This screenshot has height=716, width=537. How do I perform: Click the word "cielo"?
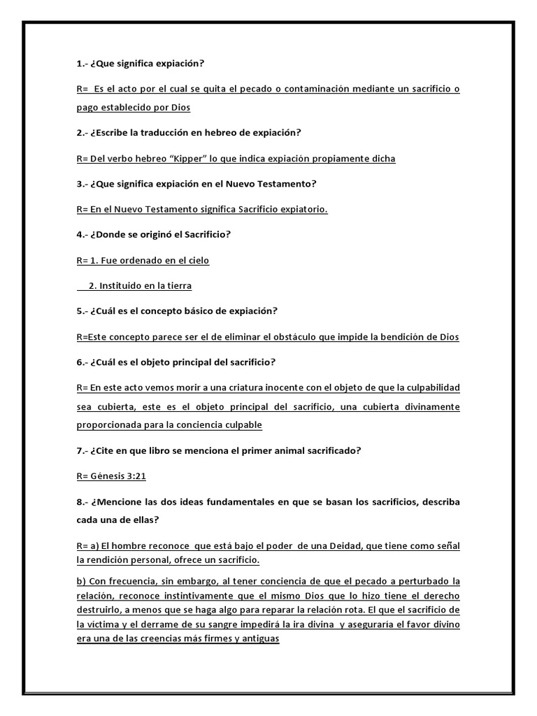point(196,260)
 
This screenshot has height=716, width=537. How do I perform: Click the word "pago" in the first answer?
point(87,108)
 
